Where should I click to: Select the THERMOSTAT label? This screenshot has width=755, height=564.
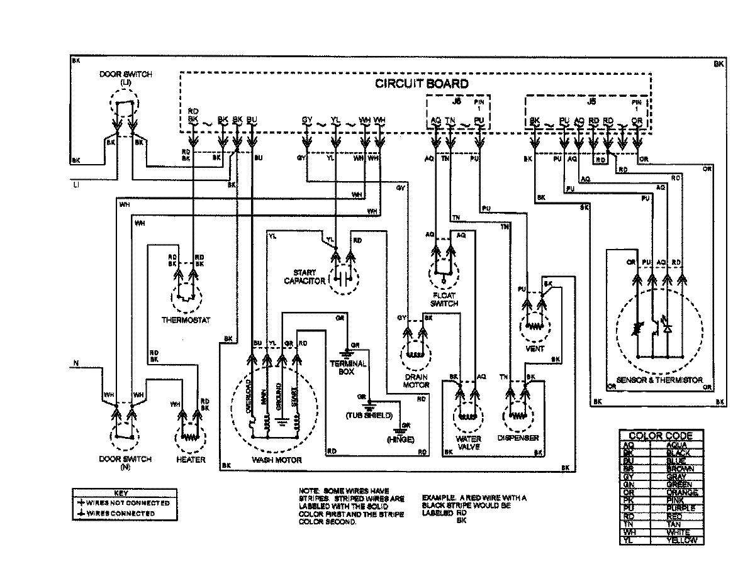point(182,319)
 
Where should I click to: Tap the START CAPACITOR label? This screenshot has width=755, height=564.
point(305,277)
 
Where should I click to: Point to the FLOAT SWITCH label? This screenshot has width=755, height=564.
point(444,299)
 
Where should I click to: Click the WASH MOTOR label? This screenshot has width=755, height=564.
point(276,460)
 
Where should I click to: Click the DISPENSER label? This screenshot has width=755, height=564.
point(518,438)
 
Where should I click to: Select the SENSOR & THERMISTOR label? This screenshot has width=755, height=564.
point(661,380)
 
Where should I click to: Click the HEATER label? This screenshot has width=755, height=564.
point(191,460)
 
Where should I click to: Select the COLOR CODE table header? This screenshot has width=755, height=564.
point(660,435)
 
